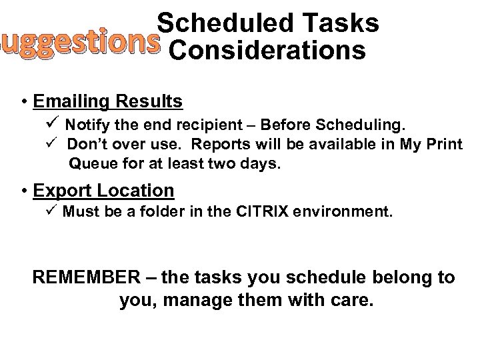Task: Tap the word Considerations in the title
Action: pos(267,51)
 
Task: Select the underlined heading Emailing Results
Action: pos(108,101)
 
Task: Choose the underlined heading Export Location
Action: pos(103,191)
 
